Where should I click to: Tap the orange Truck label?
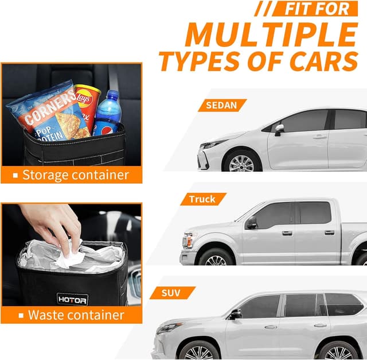pos(202,199)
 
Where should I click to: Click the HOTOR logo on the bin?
pos(72,299)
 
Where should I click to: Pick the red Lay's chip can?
pos(86,103)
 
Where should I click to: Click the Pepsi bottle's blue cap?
pos(113,94)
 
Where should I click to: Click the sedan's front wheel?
pos(241,161)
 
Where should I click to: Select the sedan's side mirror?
pos(279,129)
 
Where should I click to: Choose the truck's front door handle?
pos(287,233)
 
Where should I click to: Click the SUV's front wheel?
pos(198,350)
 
